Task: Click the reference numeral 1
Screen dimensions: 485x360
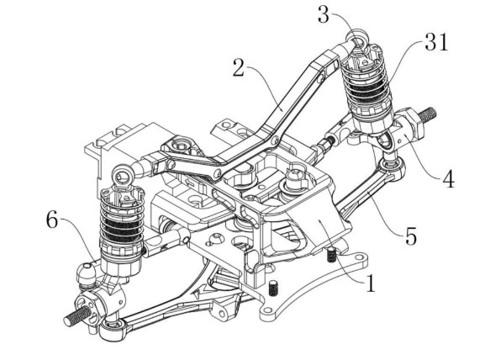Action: click(370, 283)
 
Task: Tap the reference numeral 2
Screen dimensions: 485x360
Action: click(239, 68)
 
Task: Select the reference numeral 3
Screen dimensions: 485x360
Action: click(324, 15)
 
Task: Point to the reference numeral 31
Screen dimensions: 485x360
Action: click(436, 42)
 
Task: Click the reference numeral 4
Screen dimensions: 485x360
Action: click(449, 179)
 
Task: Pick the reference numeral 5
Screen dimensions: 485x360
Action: click(411, 236)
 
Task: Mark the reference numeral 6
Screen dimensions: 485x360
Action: click(52, 220)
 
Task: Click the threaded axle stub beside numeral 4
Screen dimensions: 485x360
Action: click(428, 114)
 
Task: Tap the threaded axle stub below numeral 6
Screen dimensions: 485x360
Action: click(75, 315)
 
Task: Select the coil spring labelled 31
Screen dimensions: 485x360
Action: click(367, 87)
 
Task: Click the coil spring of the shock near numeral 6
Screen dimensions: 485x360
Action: click(122, 221)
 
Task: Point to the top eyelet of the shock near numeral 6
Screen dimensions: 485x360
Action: click(123, 176)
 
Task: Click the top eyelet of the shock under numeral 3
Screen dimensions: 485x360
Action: click(357, 38)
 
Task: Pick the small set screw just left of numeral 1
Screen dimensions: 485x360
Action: click(332, 255)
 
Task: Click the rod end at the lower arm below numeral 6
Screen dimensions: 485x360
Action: click(112, 329)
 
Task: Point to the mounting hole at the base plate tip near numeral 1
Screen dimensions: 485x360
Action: click(359, 257)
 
